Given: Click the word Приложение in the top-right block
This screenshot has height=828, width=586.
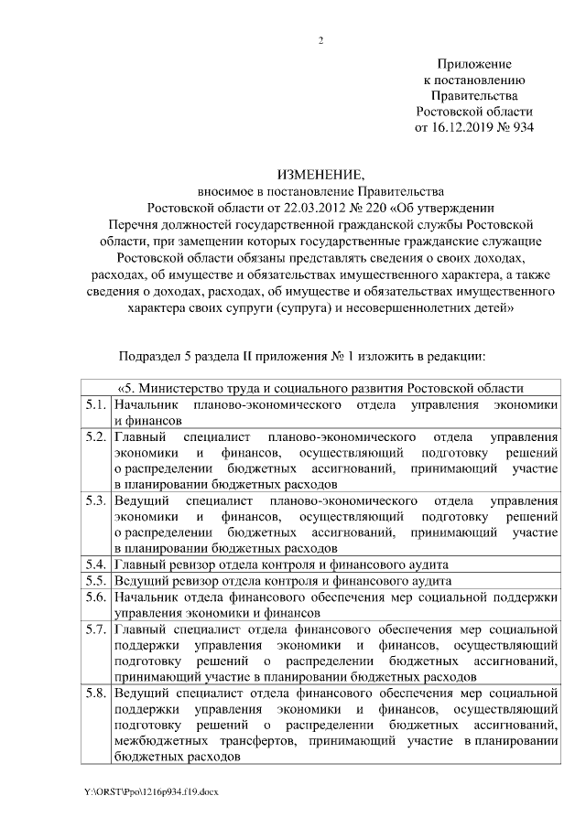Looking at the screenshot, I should [x=474, y=64].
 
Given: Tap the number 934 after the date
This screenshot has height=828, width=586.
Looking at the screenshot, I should [x=522, y=126].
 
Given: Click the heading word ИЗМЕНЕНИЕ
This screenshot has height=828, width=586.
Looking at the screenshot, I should [x=320, y=175].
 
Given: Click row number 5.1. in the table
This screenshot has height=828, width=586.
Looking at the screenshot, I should [x=95, y=404].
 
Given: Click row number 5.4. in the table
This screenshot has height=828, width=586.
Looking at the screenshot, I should [x=95, y=565].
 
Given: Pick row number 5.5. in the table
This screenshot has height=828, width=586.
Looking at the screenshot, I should [x=95, y=581].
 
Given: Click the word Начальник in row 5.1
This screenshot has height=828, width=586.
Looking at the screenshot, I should [x=146, y=404].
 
